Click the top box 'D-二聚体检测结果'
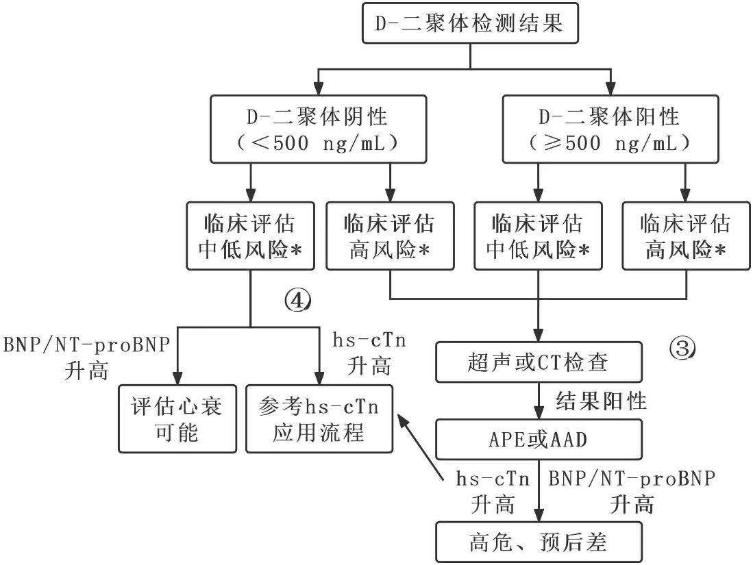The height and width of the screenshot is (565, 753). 469,25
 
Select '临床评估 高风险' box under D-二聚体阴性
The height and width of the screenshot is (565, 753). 389,236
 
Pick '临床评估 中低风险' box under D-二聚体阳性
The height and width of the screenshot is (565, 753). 538,236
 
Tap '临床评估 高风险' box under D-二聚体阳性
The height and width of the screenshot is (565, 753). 685,236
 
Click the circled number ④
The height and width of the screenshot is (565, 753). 297,299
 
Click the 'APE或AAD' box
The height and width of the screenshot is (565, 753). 539,439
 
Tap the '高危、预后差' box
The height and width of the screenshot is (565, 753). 539,542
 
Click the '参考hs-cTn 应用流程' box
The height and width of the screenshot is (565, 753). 320,419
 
